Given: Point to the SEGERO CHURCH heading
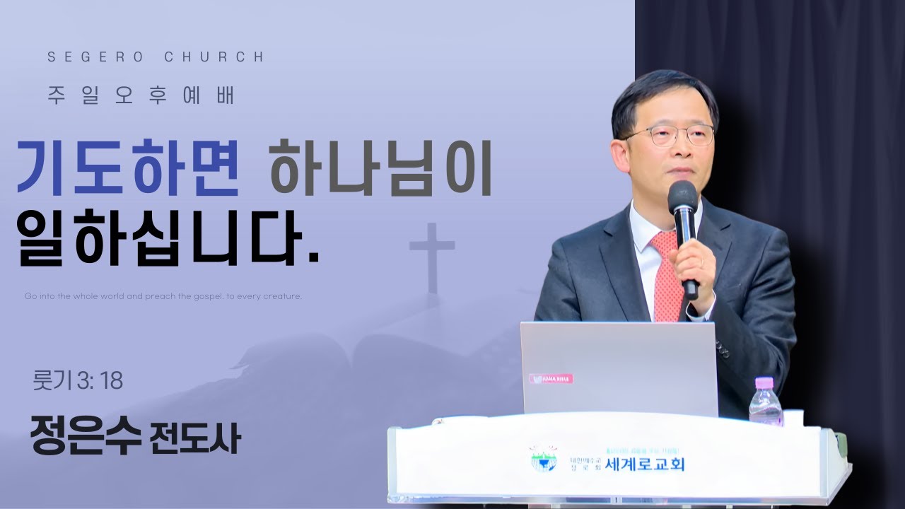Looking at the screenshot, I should point(156,57).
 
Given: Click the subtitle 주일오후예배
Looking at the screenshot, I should point(141,95).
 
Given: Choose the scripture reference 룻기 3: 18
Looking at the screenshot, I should point(78,381).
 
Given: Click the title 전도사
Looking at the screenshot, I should point(196,438).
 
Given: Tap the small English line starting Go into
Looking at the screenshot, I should point(163,296).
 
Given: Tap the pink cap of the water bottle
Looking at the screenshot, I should point(764,382).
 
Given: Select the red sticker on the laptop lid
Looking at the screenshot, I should point(552,379).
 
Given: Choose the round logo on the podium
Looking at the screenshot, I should point(543,459).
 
